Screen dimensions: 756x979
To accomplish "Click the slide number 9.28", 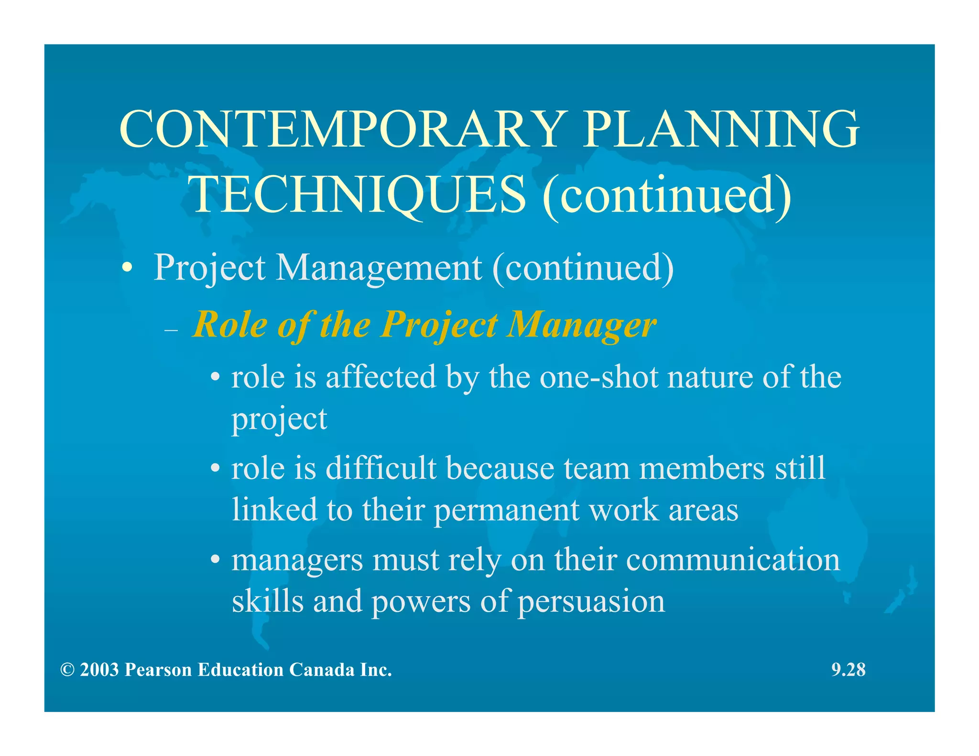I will point(848,670).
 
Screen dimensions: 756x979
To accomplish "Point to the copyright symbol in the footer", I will point(67,670).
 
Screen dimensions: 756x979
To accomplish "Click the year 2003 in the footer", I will point(99,670).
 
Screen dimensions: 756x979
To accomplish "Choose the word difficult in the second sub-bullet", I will point(381,468).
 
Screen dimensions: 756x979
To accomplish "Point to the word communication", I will point(733,560).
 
